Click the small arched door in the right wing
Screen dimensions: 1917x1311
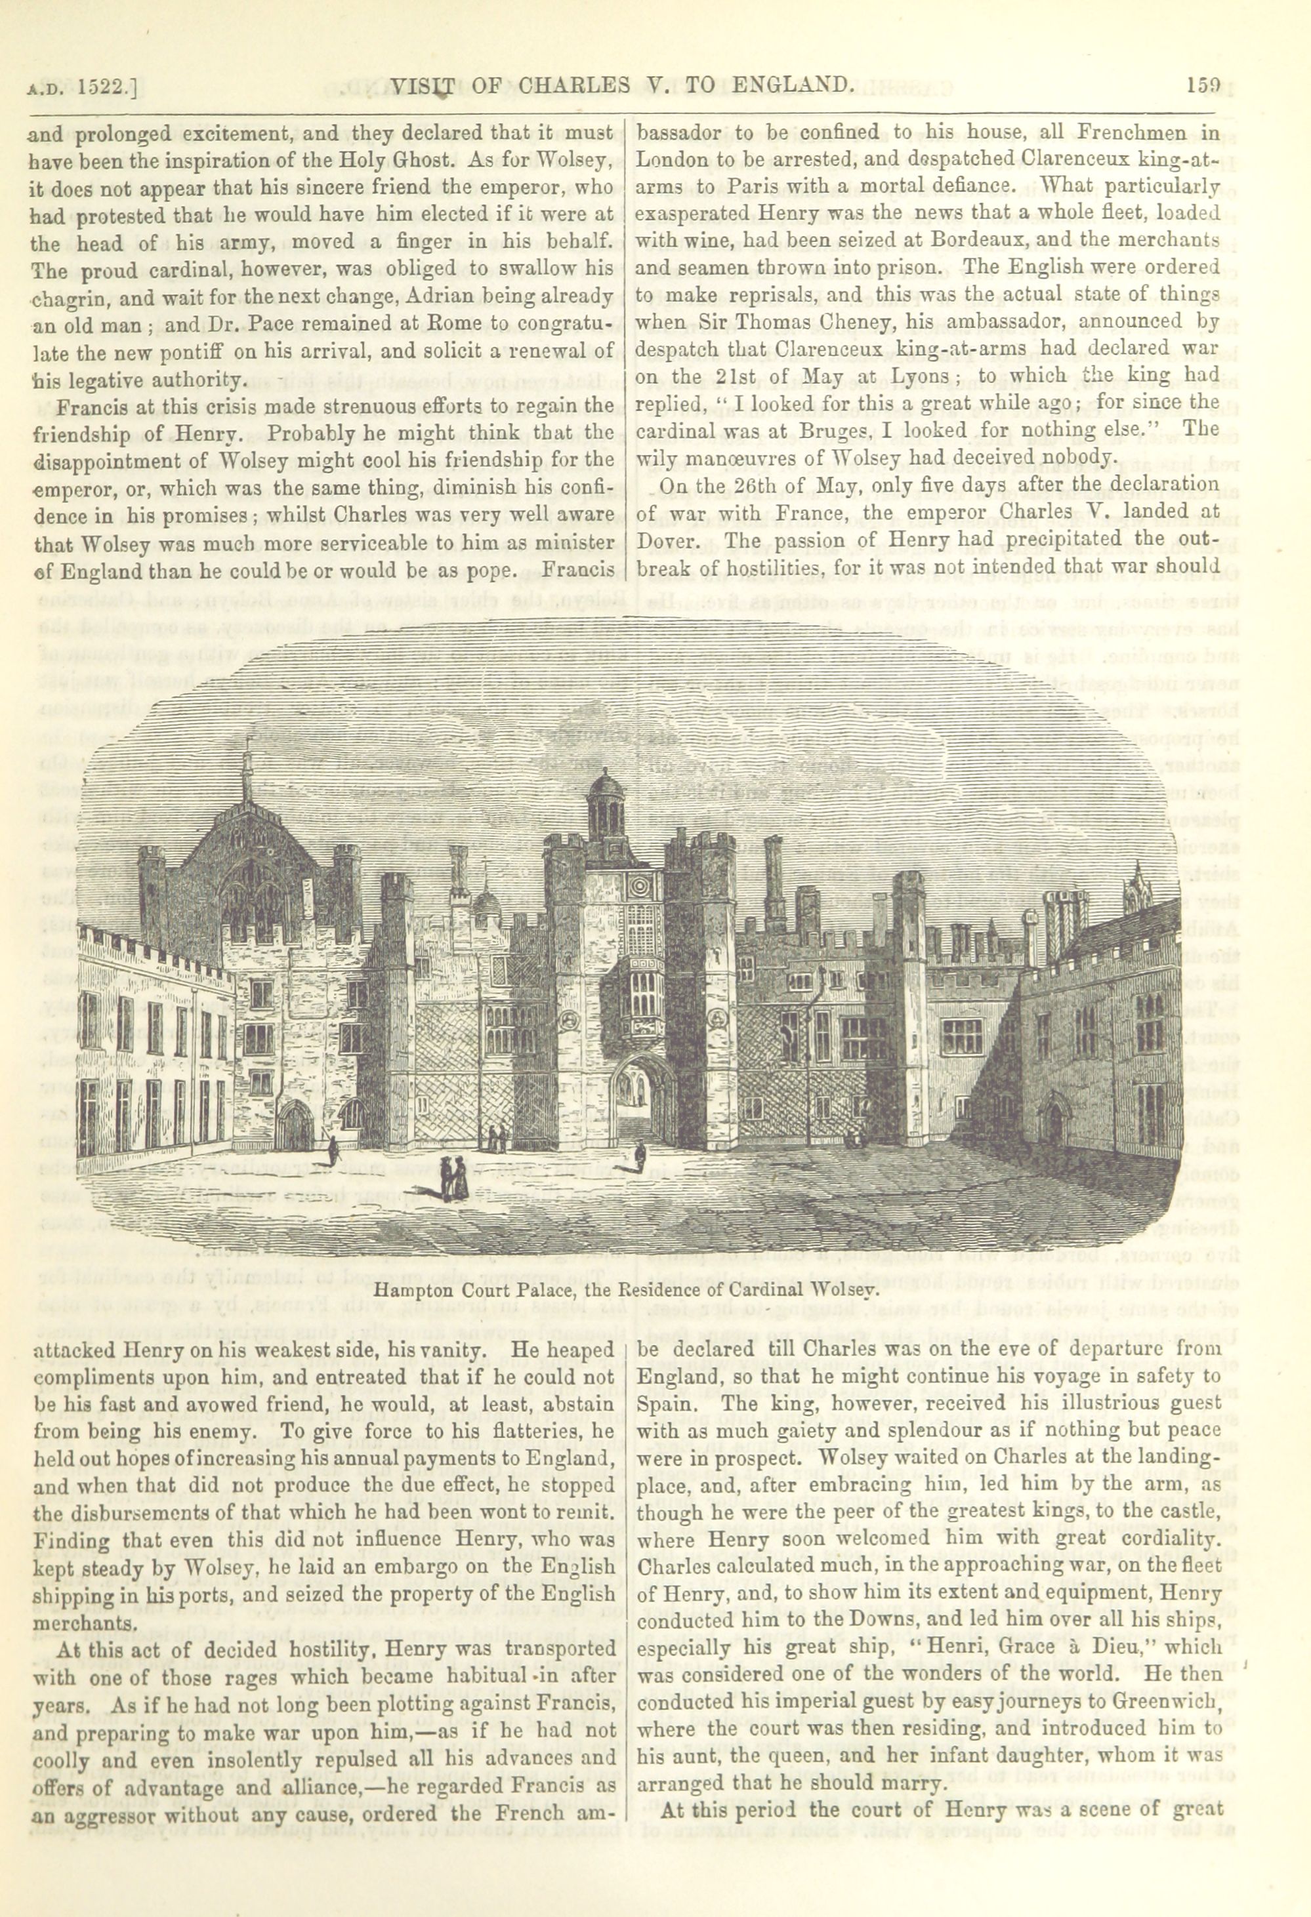click(1055, 1122)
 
